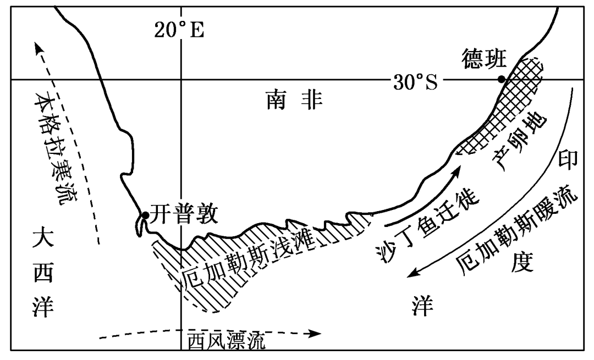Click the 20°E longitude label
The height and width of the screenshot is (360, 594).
tap(179, 30)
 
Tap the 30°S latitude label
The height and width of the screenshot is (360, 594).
tap(415, 82)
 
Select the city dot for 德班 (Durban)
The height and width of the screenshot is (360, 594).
tap(501, 79)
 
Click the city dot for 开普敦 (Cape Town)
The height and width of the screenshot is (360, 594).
tap(145, 215)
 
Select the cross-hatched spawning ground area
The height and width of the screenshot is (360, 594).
tap(509, 104)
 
